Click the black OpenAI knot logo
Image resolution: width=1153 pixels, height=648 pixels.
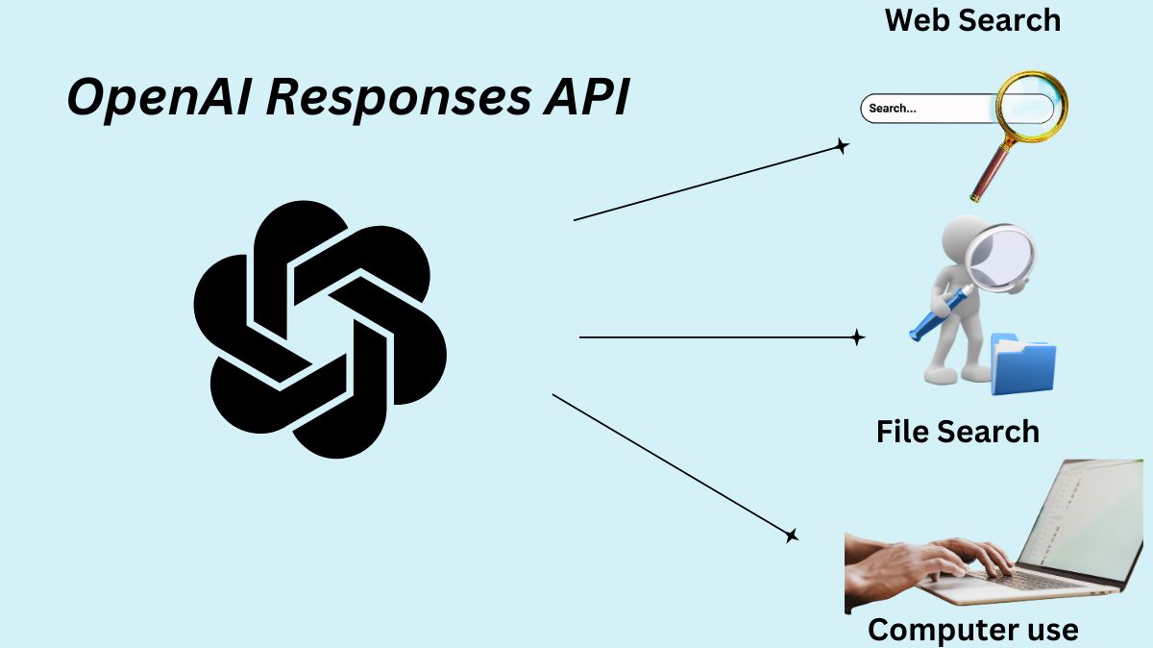pos(320,329)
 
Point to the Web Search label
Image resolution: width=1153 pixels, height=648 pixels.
pos(972,19)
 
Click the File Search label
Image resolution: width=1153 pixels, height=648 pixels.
pos(957,431)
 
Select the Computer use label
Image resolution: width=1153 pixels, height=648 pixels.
pos(972,630)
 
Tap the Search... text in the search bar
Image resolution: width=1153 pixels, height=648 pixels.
pos(893,109)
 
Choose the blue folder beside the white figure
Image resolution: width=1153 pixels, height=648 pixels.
pos(1022,365)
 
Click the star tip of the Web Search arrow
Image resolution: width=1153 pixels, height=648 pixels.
pos(842,147)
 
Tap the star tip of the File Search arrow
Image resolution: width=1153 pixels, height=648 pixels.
pos(857,337)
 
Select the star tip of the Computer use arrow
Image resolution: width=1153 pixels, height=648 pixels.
pos(792,536)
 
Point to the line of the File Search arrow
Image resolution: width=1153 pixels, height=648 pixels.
pos(711,337)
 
